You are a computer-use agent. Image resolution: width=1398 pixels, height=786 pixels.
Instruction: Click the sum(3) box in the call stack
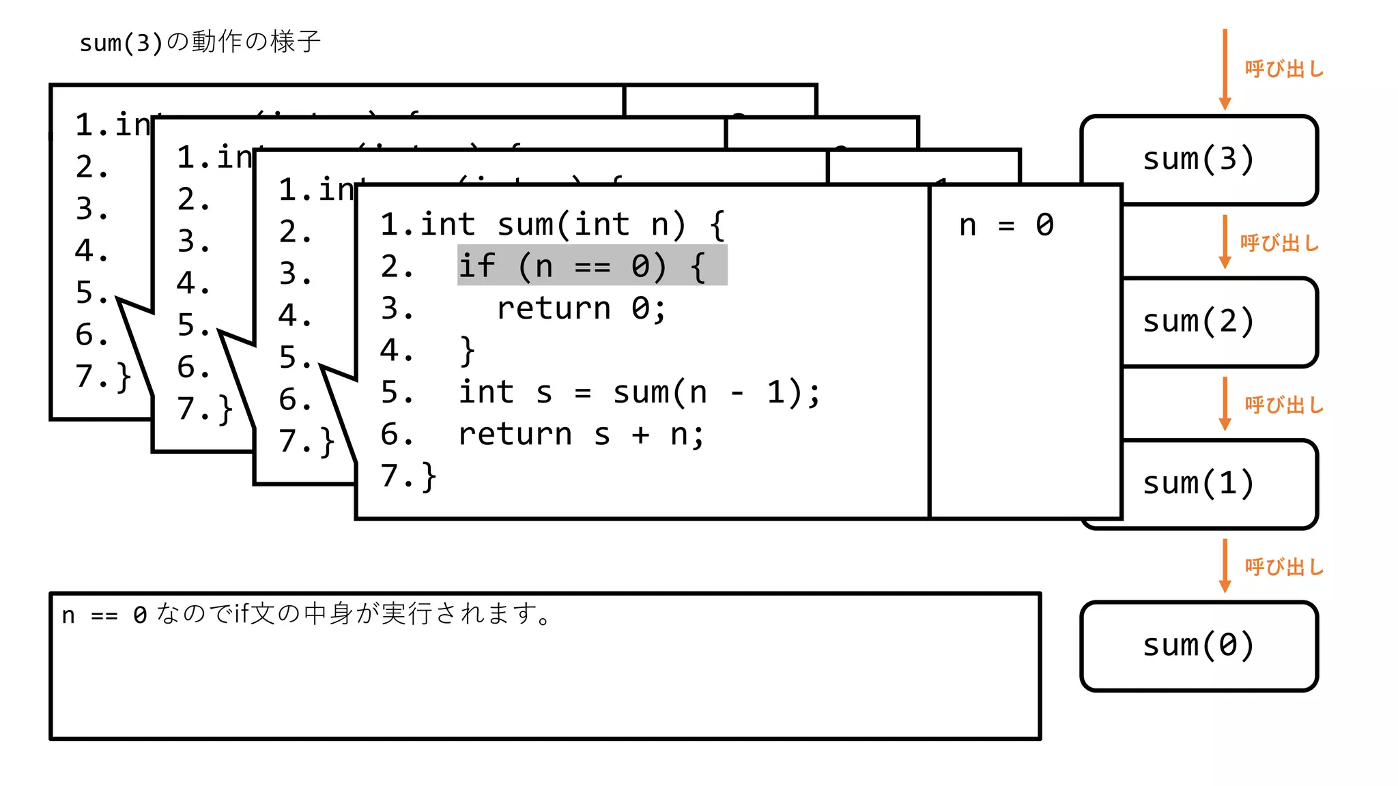click(1199, 159)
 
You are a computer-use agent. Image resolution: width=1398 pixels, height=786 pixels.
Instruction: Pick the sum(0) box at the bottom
click(1199, 645)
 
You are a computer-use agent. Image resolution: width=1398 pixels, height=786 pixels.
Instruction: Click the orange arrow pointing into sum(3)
click(1225, 68)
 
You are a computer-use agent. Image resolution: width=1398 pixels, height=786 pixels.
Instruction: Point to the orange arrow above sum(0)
click(1225, 565)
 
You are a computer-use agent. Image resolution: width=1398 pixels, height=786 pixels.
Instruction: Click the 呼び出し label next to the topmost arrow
click(1284, 69)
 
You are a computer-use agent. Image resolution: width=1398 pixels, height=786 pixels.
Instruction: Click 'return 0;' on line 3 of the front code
click(580, 308)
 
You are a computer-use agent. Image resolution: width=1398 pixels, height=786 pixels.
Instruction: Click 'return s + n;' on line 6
click(580, 435)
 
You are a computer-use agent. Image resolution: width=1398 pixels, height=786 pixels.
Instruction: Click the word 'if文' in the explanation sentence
click(253, 614)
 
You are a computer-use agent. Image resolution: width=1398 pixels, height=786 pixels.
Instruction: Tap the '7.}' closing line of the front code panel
click(408, 476)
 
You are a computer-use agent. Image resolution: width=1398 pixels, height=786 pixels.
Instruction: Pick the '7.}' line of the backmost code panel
click(102, 376)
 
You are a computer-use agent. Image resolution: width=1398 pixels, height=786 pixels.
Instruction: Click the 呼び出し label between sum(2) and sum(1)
click(1284, 405)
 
